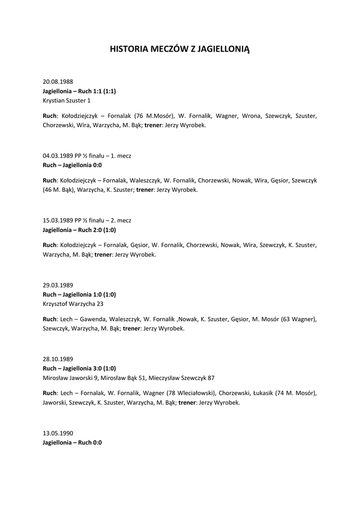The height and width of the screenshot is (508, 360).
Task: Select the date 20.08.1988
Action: (x=58, y=81)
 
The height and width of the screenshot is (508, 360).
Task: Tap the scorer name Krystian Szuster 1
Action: (x=67, y=100)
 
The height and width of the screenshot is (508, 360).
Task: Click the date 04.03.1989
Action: (x=58, y=155)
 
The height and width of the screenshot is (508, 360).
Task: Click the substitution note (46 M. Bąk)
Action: (x=59, y=190)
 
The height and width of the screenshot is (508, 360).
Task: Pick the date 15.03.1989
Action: (x=58, y=220)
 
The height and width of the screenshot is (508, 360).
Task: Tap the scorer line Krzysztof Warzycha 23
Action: (x=73, y=304)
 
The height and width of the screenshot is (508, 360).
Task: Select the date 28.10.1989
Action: (x=58, y=359)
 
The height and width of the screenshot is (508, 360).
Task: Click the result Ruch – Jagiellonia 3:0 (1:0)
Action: (x=79, y=368)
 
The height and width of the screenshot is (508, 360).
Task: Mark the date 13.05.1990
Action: (x=58, y=433)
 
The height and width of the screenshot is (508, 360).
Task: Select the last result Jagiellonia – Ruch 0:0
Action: (x=72, y=443)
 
